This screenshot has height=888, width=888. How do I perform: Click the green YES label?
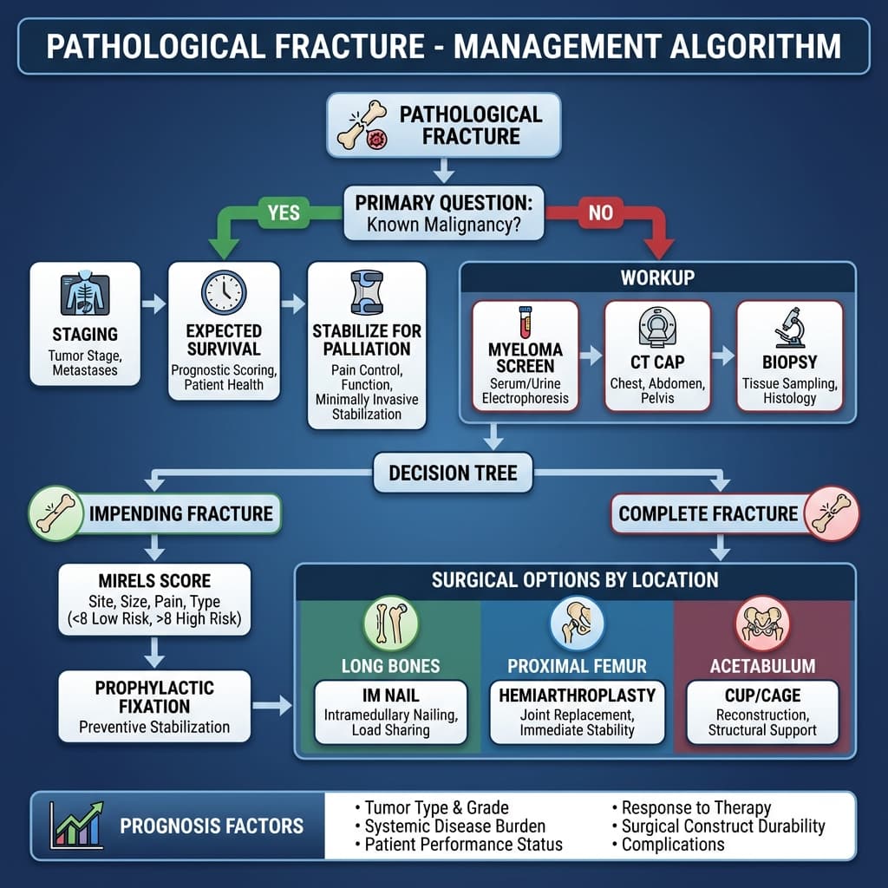[284, 212]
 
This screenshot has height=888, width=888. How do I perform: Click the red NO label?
[600, 212]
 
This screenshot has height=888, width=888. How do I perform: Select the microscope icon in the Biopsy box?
[789, 329]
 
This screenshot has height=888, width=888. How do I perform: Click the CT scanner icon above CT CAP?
[656, 327]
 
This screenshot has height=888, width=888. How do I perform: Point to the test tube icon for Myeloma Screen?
[525, 322]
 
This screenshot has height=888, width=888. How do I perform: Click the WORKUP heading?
[656, 278]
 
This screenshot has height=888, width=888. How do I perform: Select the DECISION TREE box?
[453, 473]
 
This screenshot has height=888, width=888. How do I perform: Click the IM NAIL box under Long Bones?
[390, 712]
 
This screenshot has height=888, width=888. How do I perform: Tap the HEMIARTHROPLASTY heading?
[577, 695]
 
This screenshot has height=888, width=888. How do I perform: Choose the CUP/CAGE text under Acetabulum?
[762, 695]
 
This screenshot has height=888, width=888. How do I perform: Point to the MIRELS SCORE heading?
[155, 581]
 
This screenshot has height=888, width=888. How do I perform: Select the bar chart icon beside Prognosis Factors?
[76, 824]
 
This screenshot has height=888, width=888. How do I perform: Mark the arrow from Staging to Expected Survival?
[153, 304]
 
